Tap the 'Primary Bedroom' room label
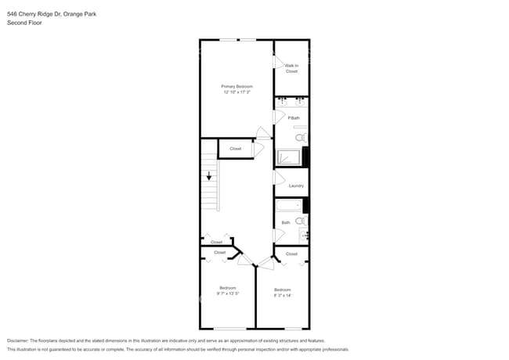(x=236, y=86)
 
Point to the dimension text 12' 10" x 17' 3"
(x=236, y=93)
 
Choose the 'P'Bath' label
(x=294, y=118)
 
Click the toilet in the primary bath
(x=300, y=137)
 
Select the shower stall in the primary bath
(x=287, y=158)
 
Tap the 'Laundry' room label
(x=296, y=185)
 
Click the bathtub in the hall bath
(x=288, y=207)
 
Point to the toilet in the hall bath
(x=300, y=221)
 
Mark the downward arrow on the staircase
(x=209, y=176)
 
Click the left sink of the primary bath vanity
(x=283, y=101)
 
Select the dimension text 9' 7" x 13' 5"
(x=228, y=294)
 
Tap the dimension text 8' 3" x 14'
(x=282, y=294)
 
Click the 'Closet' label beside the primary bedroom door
(x=235, y=149)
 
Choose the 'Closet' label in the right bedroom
(x=291, y=254)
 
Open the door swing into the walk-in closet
(x=277, y=62)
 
